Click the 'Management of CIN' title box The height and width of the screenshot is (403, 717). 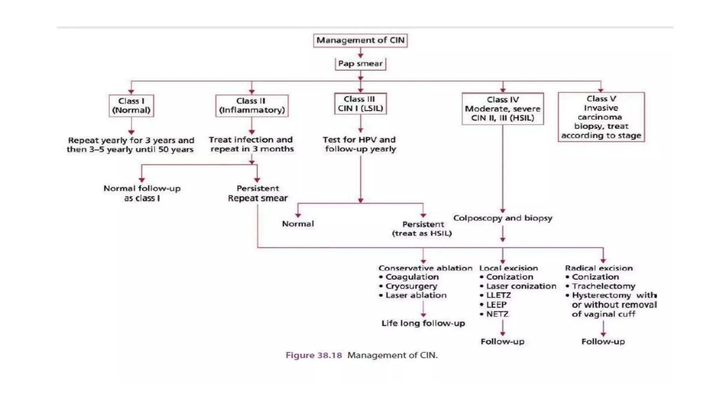360,40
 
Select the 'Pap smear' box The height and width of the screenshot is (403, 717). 360,64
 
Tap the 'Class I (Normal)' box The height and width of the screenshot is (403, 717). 131,106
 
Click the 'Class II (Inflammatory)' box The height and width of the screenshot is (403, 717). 252,106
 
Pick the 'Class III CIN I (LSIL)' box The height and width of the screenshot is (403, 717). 360,104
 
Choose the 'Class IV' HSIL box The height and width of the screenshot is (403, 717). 502,109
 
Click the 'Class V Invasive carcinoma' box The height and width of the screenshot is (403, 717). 601,117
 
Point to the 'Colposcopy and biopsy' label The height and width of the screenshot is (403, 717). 502,218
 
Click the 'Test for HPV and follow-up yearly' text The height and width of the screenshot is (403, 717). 360,144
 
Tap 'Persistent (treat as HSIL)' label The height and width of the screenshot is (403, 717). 422,229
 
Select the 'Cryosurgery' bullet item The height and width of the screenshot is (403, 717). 411,286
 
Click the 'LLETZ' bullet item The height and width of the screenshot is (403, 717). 498,295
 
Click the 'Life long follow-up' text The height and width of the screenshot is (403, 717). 423,323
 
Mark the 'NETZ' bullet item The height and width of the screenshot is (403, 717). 497,314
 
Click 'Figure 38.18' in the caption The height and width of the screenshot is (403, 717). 314,355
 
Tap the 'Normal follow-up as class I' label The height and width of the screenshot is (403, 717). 142,193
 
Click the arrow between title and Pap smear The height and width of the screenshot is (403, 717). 360,53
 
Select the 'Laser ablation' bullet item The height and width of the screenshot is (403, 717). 416,295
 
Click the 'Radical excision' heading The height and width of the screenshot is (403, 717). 599,268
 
